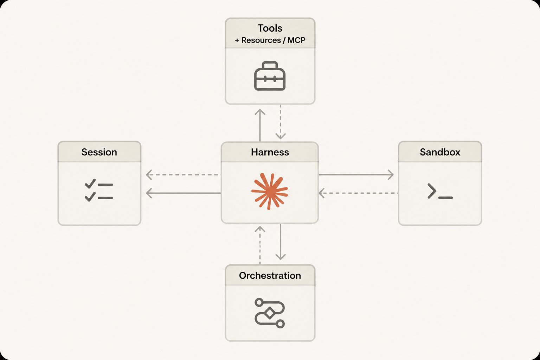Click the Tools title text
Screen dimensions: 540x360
click(x=270, y=28)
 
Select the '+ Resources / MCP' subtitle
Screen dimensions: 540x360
click(x=270, y=40)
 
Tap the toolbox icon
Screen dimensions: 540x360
click(x=270, y=76)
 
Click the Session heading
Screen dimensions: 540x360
click(x=99, y=152)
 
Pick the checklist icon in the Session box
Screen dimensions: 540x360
click(x=99, y=190)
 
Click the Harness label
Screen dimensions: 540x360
click(x=270, y=152)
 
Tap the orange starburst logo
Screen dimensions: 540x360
click(x=270, y=191)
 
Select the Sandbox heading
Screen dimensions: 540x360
click(x=440, y=152)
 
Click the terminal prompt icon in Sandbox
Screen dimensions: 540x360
click(x=440, y=191)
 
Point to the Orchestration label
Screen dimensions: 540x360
click(x=270, y=276)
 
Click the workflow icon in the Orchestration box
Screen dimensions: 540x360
click(x=270, y=313)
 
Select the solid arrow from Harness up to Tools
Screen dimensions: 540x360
click(x=260, y=125)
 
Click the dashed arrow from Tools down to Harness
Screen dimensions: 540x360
click(x=280, y=122)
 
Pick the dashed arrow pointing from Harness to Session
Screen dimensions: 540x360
click(x=184, y=175)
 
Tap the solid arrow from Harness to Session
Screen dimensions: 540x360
click(x=184, y=193)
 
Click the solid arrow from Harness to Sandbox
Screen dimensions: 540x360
click(x=356, y=175)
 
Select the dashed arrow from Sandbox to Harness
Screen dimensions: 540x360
click(x=358, y=193)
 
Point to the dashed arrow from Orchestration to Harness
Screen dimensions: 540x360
click(x=260, y=245)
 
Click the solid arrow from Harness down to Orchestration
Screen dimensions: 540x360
click(x=280, y=242)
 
